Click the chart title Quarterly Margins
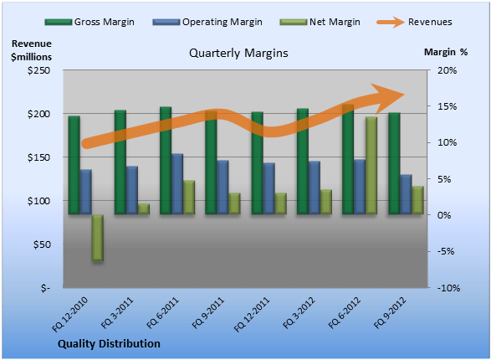pyautogui.click(x=238, y=53)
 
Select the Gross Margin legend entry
pyautogui.click(x=90, y=22)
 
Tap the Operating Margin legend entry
pyautogui.click(x=207, y=22)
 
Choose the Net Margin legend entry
pyautogui.click(x=320, y=22)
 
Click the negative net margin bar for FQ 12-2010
pyautogui.click(x=97, y=238)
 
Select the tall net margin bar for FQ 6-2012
pyautogui.click(x=371, y=166)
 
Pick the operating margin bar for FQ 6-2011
pyautogui.click(x=177, y=184)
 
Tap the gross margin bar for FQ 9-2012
pyautogui.click(x=394, y=163)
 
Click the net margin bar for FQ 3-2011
pyautogui.click(x=144, y=209)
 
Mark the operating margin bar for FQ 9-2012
pyautogui.click(x=407, y=194)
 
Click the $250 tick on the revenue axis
pyautogui.click(x=38, y=70)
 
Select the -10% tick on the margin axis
pyautogui.click(x=448, y=288)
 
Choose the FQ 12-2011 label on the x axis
pyautogui.click(x=252, y=314)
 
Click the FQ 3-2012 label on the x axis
pyautogui.click(x=299, y=313)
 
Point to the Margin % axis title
pyautogui.click(x=446, y=52)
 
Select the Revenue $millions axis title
pyautogui.click(x=31, y=50)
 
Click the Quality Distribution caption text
pyautogui.click(x=109, y=344)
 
